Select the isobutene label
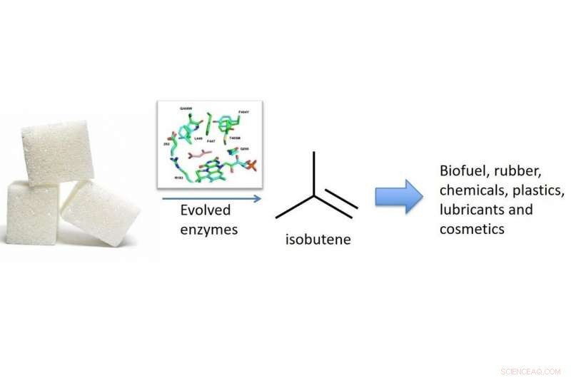pyautogui.click(x=313, y=239)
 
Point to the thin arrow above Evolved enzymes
pyautogui.click(x=211, y=198)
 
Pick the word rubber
pyautogui.click(x=530, y=172)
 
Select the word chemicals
pyautogui.click(x=472, y=191)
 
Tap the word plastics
pyautogui.click(x=538, y=191)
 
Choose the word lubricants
pyautogui.click(x=472, y=210)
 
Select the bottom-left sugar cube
pyautogui.click(x=32, y=212)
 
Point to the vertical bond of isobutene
pyautogui.click(x=313, y=172)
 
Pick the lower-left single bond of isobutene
pyautogui.click(x=295, y=207)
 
